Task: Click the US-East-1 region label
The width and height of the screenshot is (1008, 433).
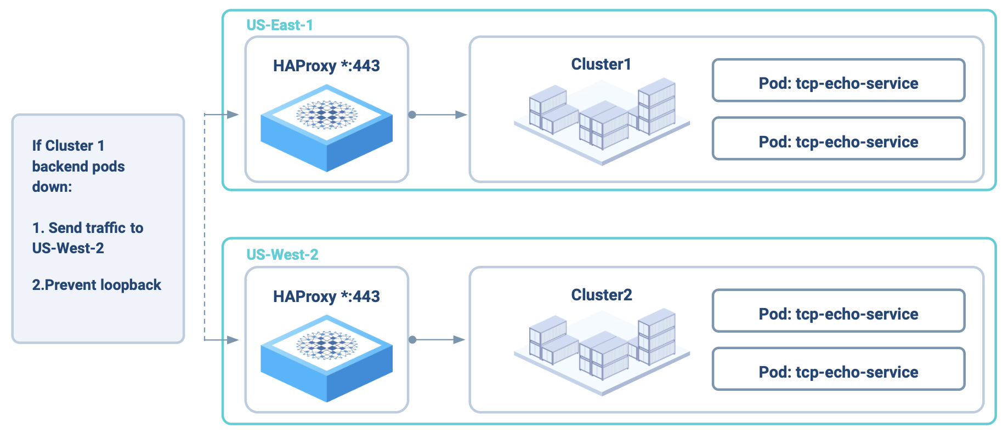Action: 279,25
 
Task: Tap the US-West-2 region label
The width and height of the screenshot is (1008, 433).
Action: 282,255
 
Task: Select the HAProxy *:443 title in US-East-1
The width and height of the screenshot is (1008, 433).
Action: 326,66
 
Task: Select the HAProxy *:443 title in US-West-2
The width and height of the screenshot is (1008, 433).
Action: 326,297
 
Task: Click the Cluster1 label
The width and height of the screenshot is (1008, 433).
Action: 601,65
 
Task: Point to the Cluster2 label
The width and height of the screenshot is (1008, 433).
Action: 602,295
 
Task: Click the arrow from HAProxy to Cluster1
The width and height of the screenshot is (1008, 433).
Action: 439,115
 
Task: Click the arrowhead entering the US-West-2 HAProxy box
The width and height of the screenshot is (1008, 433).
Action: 233,340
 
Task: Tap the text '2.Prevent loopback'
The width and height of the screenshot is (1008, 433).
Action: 97,285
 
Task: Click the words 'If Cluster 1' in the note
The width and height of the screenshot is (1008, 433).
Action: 68,146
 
